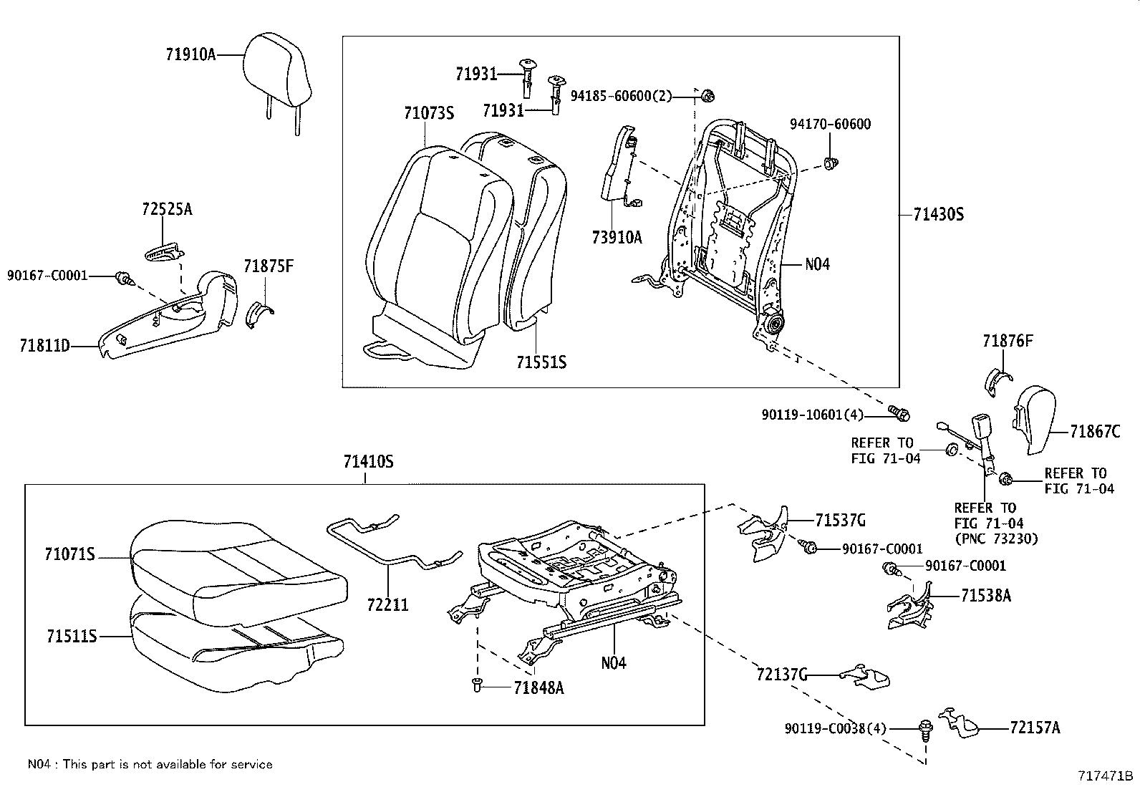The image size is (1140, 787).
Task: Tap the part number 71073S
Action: (429, 112)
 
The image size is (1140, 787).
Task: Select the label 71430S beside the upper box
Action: (939, 214)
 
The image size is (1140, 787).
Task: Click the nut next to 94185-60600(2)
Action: (707, 95)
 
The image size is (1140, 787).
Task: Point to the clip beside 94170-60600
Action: (831, 163)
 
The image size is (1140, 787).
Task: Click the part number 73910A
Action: (617, 237)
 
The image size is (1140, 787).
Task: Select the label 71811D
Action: (45, 346)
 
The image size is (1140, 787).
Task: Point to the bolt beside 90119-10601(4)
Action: (899, 413)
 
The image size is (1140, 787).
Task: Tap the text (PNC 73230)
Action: (995, 539)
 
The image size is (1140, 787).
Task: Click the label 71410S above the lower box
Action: (368, 462)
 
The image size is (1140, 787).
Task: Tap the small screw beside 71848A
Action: (475, 687)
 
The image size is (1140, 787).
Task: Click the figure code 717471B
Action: (1106, 776)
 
